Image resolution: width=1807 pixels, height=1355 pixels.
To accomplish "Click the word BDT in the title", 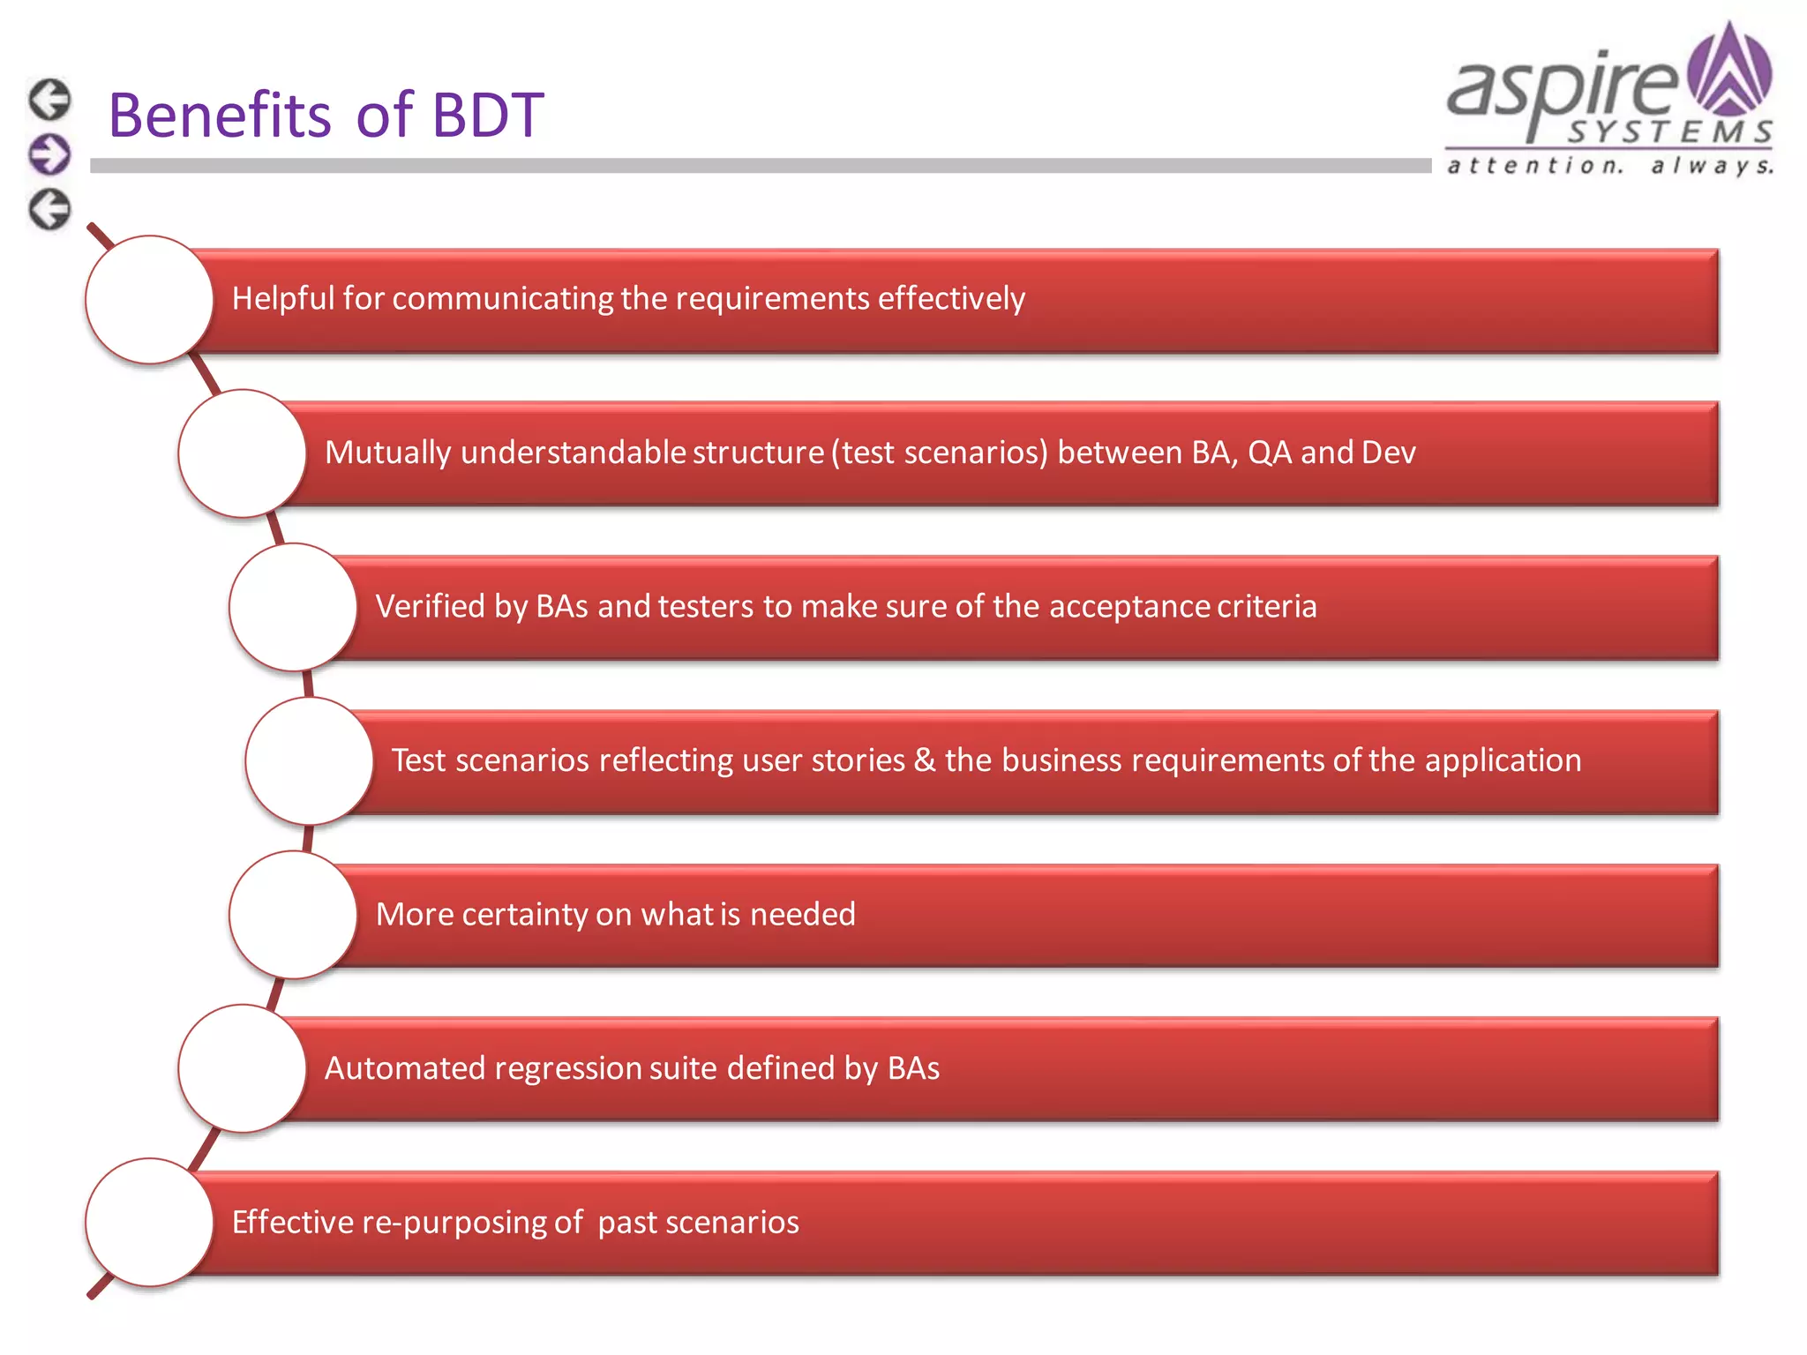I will [488, 116].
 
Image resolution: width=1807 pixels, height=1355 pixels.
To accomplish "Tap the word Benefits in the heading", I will [220, 116].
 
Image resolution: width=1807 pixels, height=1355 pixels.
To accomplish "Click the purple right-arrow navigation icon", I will [49, 154].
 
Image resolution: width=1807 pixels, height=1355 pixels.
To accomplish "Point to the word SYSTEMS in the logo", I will [1669, 132].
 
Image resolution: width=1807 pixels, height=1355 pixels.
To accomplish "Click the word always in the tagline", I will [1712, 166].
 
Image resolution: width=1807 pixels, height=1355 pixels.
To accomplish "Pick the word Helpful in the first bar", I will [282, 298].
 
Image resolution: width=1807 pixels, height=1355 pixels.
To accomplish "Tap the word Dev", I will [1388, 453].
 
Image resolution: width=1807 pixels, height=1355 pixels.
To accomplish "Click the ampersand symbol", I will [924, 760].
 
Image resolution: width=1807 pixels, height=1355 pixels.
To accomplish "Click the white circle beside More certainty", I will [293, 915].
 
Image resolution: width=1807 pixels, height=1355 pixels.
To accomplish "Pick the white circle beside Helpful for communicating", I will [149, 299].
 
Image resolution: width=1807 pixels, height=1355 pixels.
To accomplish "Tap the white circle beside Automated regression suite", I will [242, 1068].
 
